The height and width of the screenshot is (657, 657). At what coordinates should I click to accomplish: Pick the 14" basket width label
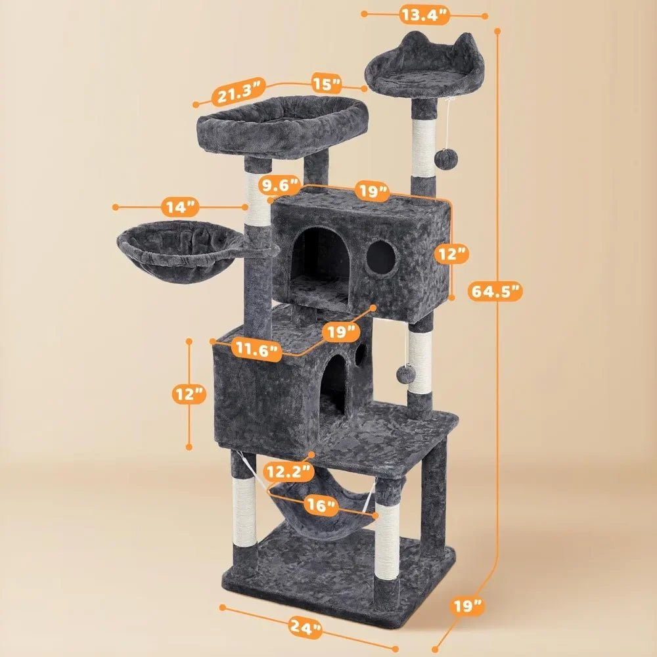point(180,206)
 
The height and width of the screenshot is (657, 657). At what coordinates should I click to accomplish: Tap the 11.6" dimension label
point(256,350)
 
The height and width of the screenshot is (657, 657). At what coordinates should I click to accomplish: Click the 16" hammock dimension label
point(321,505)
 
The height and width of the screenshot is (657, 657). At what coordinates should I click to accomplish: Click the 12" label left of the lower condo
point(189,394)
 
